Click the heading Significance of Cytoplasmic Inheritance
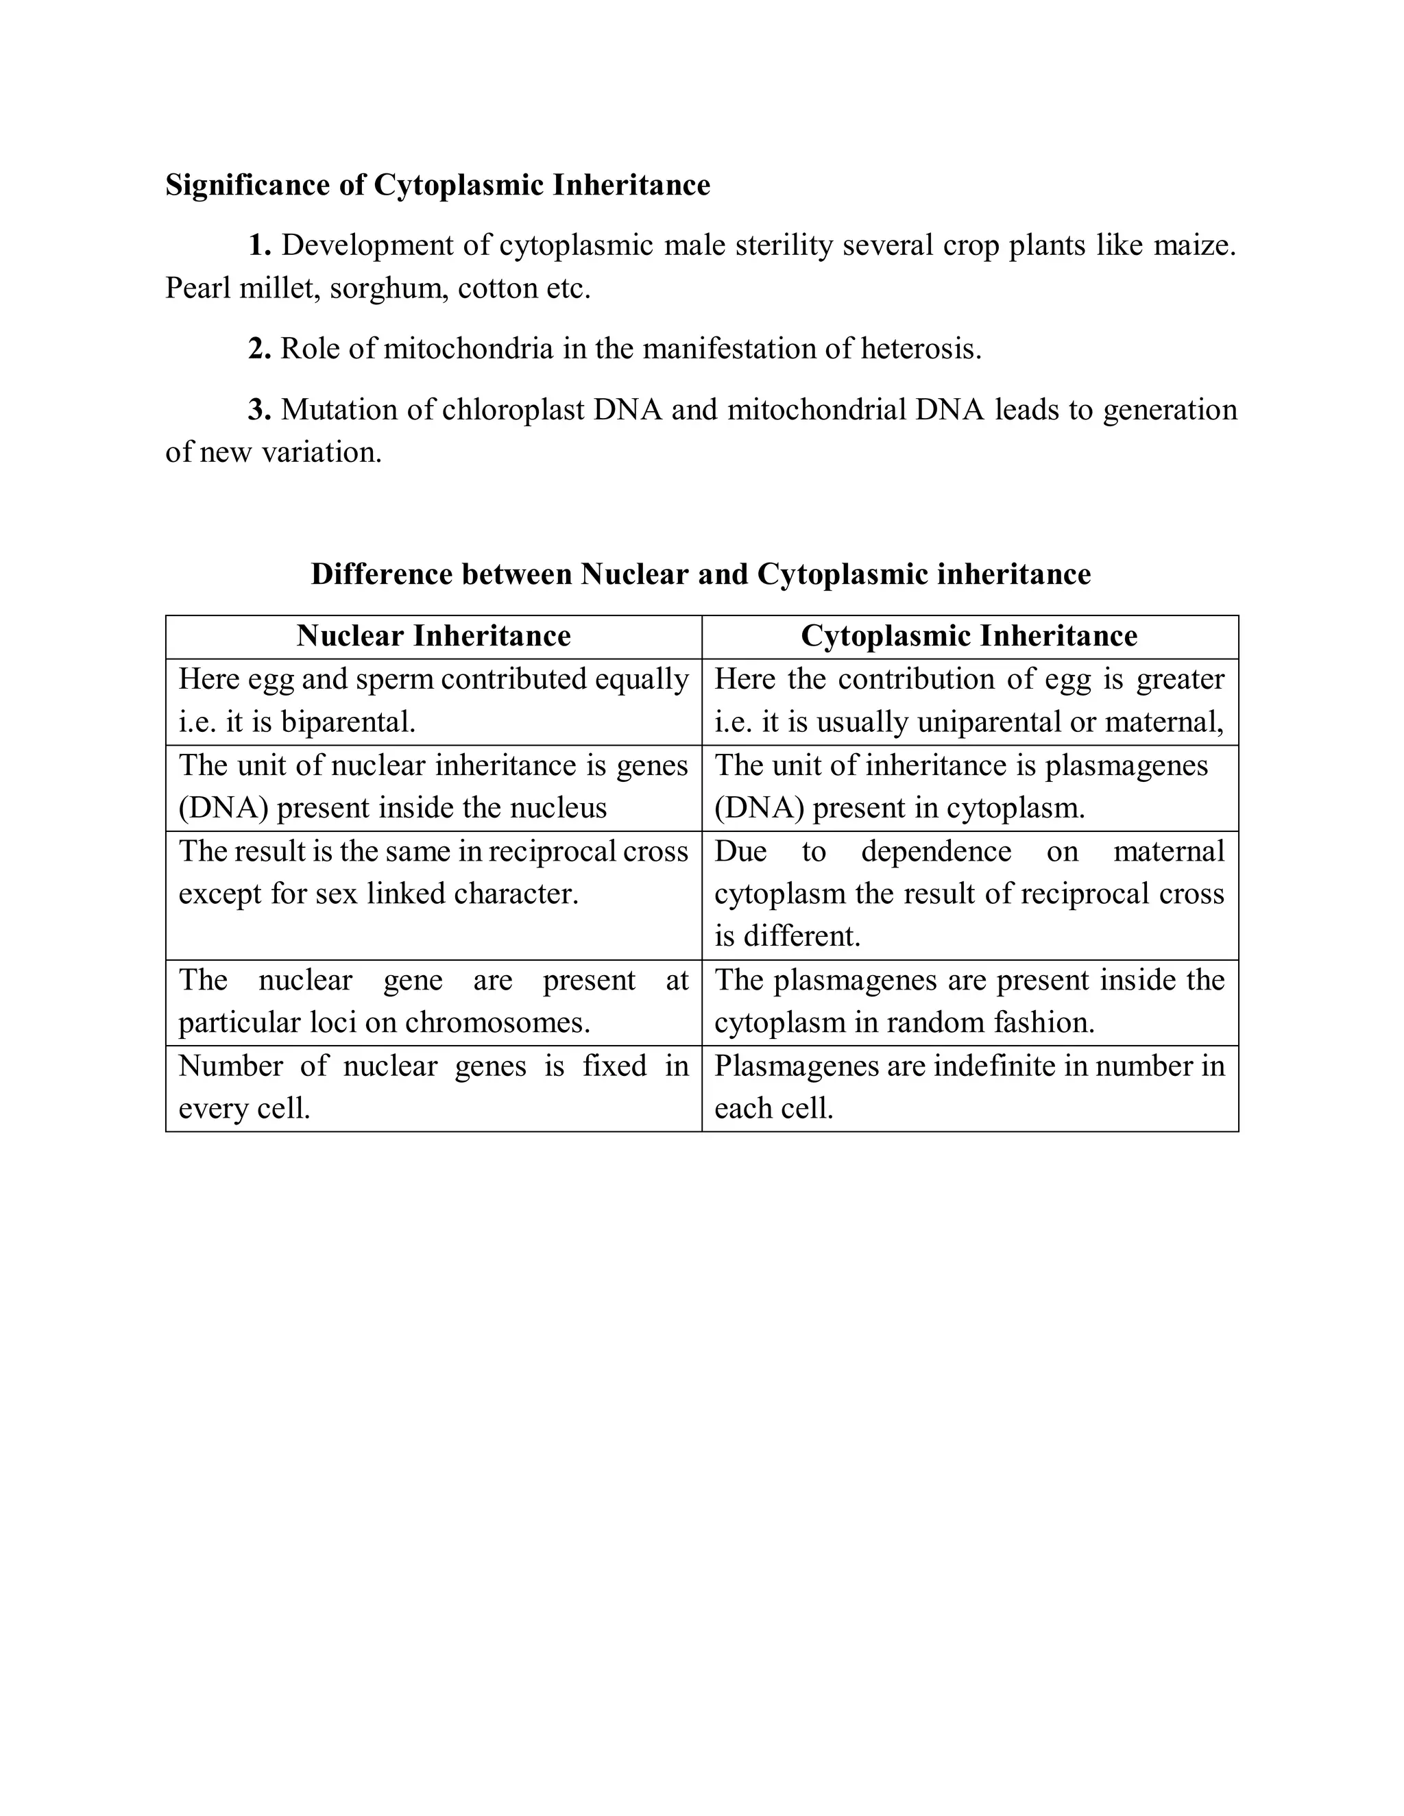tap(437, 184)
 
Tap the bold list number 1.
tap(260, 245)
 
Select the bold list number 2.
tap(260, 348)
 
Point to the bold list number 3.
tap(260, 410)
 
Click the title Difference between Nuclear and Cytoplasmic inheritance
tap(701, 574)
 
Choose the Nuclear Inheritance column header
tap(433, 636)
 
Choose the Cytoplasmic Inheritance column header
tap(969, 636)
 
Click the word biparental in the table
tap(348, 722)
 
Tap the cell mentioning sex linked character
tap(433, 894)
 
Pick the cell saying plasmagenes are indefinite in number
tap(969, 1087)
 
